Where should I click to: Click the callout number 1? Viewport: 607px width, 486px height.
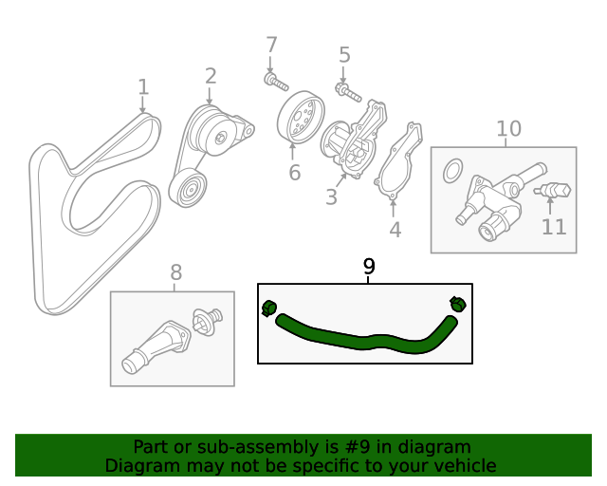(x=143, y=87)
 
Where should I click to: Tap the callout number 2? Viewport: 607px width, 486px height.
(x=211, y=75)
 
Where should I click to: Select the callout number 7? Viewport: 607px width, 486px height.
(x=272, y=45)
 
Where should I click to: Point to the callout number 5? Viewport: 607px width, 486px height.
(x=344, y=55)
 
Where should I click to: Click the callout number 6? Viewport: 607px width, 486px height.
(x=295, y=173)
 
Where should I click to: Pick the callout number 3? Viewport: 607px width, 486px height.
(x=331, y=197)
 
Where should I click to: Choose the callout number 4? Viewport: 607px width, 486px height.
(x=395, y=229)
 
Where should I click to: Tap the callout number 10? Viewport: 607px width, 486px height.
(x=508, y=128)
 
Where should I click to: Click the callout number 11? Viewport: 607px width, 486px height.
(x=553, y=227)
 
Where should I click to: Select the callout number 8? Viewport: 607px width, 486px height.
(x=176, y=273)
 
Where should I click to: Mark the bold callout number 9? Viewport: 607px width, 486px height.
(x=369, y=267)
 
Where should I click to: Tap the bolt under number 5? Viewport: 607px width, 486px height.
(x=347, y=93)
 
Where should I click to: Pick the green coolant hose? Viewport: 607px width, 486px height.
(x=360, y=340)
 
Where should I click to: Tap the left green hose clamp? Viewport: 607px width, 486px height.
(x=268, y=308)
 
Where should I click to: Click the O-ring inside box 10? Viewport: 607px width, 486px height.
(x=453, y=172)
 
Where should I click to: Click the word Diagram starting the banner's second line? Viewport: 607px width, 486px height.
(x=139, y=466)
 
